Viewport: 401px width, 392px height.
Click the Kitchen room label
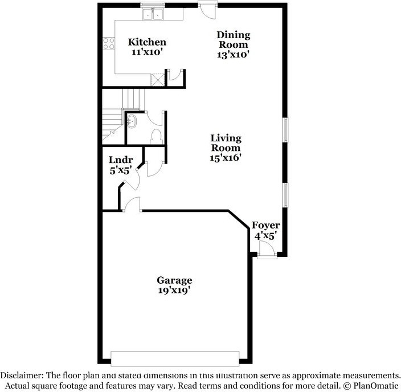[147, 42]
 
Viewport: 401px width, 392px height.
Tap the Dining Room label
[233, 39]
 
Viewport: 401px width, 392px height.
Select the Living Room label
[226, 143]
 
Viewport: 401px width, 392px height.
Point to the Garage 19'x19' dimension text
[174, 291]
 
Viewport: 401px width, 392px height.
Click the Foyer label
[265, 226]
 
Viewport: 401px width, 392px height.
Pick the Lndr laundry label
[121, 160]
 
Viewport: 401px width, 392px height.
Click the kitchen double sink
[153, 14]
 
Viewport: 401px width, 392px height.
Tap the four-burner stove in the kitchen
[109, 43]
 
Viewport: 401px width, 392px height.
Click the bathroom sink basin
[132, 121]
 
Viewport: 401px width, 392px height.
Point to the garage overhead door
[175, 358]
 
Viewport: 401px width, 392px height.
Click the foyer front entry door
[267, 250]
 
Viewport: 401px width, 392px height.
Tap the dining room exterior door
[208, 10]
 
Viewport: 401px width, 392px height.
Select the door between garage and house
[132, 204]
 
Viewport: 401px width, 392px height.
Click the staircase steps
[120, 115]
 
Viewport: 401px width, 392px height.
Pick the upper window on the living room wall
[285, 130]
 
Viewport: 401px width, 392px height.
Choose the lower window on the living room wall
[285, 195]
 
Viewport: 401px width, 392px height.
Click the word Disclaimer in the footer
[22, 375]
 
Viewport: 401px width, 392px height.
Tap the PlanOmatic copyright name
[376, 385]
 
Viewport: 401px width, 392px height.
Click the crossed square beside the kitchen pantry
[157, 80]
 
